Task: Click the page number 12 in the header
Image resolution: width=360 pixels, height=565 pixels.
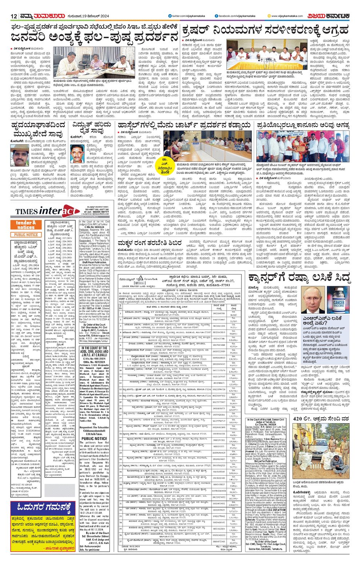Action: coord(14,16)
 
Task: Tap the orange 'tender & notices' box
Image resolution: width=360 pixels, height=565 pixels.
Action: coord(26,225)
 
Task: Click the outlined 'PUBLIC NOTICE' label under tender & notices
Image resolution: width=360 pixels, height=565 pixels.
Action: coord(26,235)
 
